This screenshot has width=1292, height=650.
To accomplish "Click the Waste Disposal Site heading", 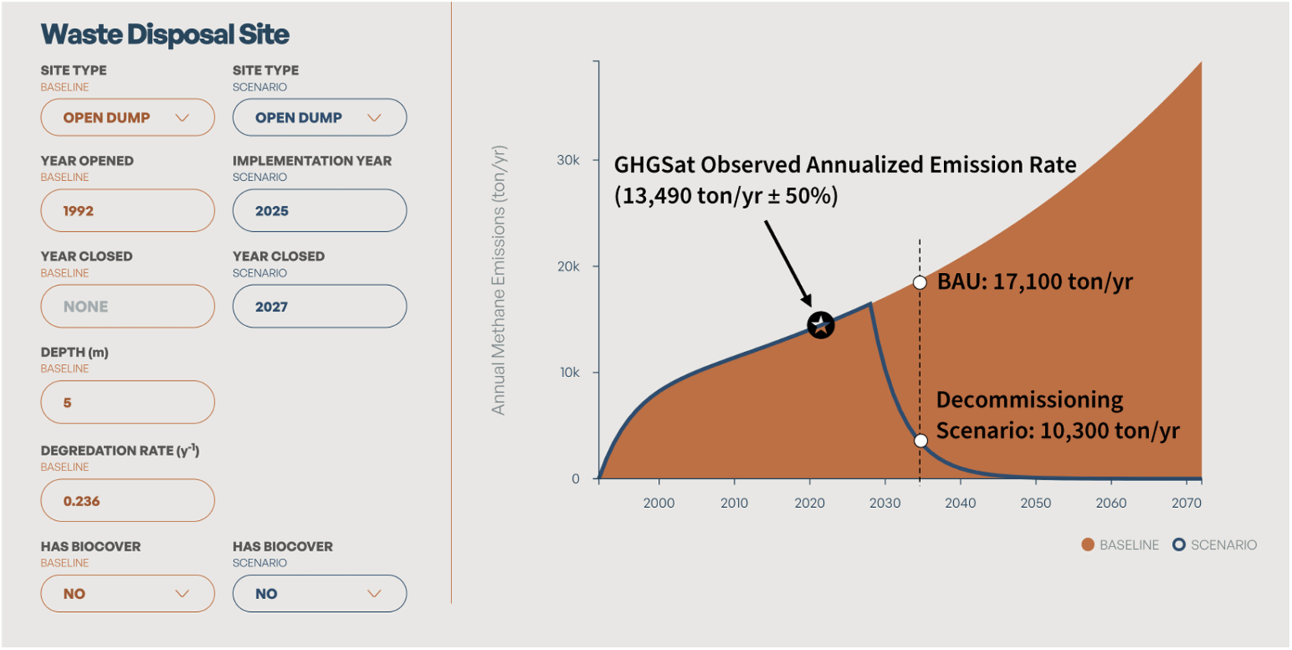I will click(x=165, y=34).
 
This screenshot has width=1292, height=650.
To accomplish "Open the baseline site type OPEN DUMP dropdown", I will click(x=128, y=118).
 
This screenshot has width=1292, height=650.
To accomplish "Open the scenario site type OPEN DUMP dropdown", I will click(x=319, y=118).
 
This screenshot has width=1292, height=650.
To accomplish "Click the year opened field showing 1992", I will click(x=128, y=211).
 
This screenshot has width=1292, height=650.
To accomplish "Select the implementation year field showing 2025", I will click(x=319, y=211).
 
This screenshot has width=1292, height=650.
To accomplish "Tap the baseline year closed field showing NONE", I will click(x=128, y=306).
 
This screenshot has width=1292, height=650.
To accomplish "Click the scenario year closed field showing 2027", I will click(x=319, y=306).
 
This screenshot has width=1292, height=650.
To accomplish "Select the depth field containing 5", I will click(x=128, y=402).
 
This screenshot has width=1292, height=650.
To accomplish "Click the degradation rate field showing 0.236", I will click(x=128, y=500).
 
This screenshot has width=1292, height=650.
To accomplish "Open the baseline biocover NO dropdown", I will click(x=128, y=594).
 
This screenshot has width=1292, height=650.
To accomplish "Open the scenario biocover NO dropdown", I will click(x=319, y=594).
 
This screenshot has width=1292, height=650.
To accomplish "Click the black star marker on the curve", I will click(x=821, y=325).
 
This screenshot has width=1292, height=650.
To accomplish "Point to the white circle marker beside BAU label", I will click(x=920, y=283).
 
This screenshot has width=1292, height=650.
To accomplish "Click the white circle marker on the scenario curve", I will click(x=920, y=441).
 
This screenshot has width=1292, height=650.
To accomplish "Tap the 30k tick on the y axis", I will click(x=568, y=160).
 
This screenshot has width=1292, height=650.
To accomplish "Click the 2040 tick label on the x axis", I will click(x=960, y=503).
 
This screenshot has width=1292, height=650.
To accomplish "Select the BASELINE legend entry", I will click(x=1120, y=545).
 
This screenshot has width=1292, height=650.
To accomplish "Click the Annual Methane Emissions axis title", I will click(x=499, y=280).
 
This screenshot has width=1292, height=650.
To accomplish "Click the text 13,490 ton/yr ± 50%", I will click(x=726, y=196).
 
